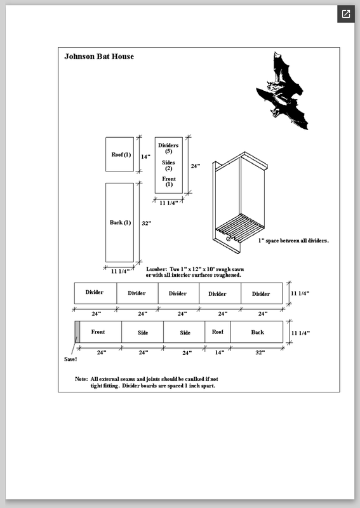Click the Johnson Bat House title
(99, 57)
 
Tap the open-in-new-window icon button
(346, 14)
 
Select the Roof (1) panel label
(121, 154)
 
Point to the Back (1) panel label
(120, 223)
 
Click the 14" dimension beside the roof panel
(145, 157)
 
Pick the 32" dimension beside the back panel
(147, 224)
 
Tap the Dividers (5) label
(168, 148)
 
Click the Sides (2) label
(168, 165)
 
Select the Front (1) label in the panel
(169, 182)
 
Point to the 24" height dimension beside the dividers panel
(196, 166)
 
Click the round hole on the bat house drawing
(228, 239)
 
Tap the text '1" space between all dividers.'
(293, 241)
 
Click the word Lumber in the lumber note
(156, 269)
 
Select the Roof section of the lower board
(218, 331)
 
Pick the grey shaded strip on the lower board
(77, 331)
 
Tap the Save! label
(70, 359)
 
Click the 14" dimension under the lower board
(220, 352)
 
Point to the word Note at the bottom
(81, 379)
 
